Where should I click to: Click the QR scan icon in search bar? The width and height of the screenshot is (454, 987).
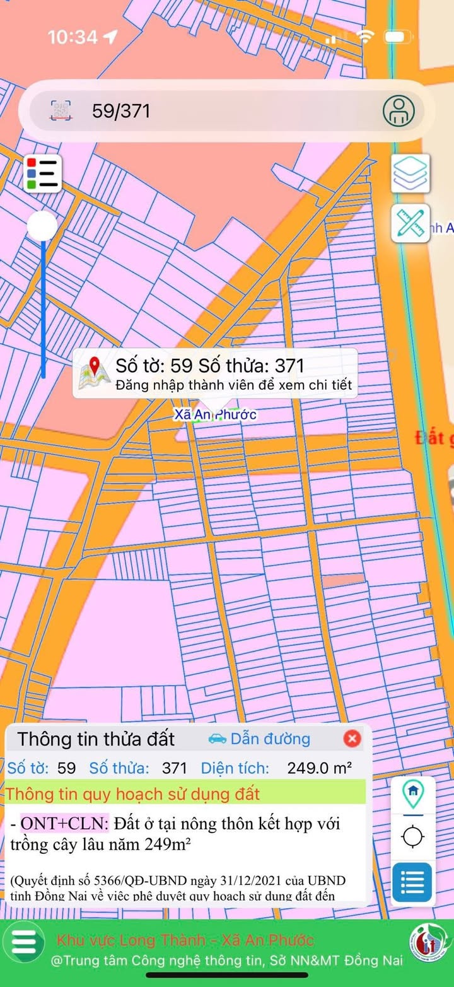click(61, 111)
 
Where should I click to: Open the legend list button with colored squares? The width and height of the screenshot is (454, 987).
click(43, 173)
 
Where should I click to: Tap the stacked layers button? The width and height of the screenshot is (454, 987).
click(410, 173)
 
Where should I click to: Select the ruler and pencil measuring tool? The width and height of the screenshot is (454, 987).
click(410, 223)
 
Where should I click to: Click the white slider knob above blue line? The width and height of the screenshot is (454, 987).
click(43, 226)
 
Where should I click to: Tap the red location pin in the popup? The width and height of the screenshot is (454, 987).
click(95, 366)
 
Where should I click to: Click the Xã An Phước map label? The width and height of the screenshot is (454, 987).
click(216, 415)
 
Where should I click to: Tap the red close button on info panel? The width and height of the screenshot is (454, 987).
click(352, 739)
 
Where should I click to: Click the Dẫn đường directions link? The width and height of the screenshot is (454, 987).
click(270, 739)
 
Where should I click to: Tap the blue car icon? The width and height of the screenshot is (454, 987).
click(217, 739)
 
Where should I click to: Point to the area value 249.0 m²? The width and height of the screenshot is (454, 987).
click(319, 768)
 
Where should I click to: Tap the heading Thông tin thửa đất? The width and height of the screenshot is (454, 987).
click(96, 739)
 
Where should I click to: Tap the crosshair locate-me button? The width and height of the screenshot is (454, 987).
click(413, 837)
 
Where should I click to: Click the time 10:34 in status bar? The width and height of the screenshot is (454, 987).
click(73, 37)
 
